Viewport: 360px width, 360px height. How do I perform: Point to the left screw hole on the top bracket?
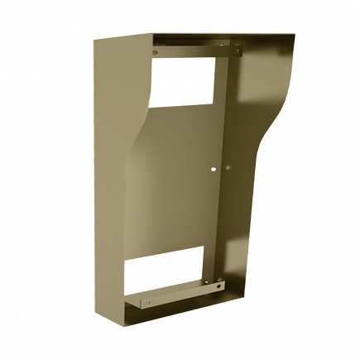click(156, 53)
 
